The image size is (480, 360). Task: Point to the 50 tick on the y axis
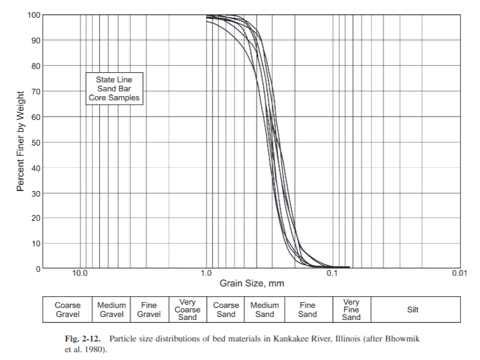point(35,142)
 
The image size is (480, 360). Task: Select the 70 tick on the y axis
point(35,91)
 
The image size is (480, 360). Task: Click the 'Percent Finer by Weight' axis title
point(21,141)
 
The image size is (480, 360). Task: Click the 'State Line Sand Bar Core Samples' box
point(115,88)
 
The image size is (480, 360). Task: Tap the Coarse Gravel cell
point(67,310)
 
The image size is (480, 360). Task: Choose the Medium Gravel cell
point(112,310)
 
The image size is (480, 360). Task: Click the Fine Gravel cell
point(149,310)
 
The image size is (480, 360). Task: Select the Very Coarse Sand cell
point(187,310)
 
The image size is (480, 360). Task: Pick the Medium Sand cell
point(264,310)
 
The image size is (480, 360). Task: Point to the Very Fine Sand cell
point(351,310)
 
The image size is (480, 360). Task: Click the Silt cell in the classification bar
point(413,310)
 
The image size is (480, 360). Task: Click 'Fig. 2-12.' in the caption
point(84,339)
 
